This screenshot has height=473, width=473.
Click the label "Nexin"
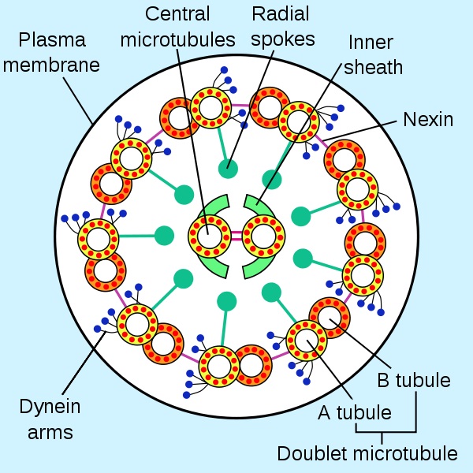click(x=428, y=120)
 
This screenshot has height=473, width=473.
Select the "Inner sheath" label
click(x=372, y=54)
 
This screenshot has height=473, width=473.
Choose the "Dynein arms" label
click(x=47, y=419)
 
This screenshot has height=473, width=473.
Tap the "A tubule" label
click(x=354, y=412)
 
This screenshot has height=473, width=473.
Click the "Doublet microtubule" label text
click(x=367, y=453)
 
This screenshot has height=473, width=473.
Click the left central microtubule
click(x=207, y=235)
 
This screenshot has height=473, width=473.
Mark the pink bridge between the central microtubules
click(x=235, y=235)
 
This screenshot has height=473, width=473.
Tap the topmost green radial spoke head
click(x=229, y=166)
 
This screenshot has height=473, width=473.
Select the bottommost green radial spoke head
click(x=227, y=301)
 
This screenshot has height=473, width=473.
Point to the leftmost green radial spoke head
click(x=164, y=235)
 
